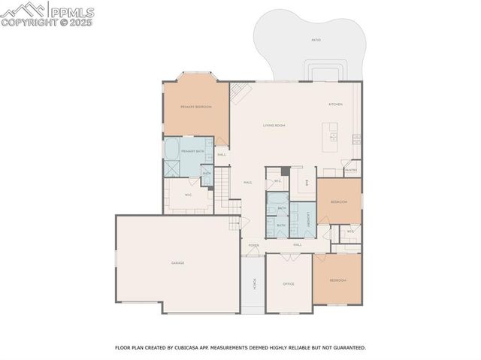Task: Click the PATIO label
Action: [x=316, y=39]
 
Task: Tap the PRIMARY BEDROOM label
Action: [x=195, y=107]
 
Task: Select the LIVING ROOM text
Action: [x=274, y=126]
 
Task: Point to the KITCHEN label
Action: [x=335, y=104]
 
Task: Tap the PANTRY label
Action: [x=351, y=170]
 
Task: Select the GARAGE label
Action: [x=177, y=263]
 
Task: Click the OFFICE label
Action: [x=288, y=284]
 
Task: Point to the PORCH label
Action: [x=254, y=284]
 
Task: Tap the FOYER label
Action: [x=254, y=245]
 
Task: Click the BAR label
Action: [x=307, y=183]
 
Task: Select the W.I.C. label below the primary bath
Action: [x=188, y=195]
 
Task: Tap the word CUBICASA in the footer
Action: [x=189, y=348]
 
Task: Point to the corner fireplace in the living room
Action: [x=239, y=92]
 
